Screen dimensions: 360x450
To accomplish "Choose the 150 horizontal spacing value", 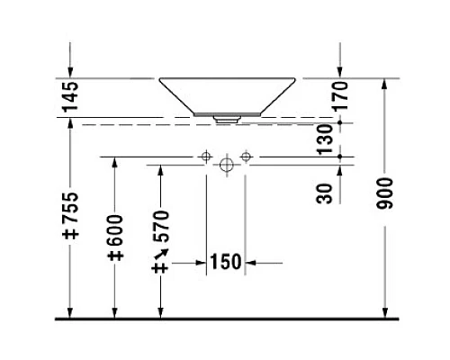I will coord(225,262).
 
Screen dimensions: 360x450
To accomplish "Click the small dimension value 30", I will coord(327,191).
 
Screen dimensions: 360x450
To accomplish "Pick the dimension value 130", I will coord(327,137).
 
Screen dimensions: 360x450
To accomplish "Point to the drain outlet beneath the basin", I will coord(225,116).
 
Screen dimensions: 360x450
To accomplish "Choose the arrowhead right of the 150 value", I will coord(252,263).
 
